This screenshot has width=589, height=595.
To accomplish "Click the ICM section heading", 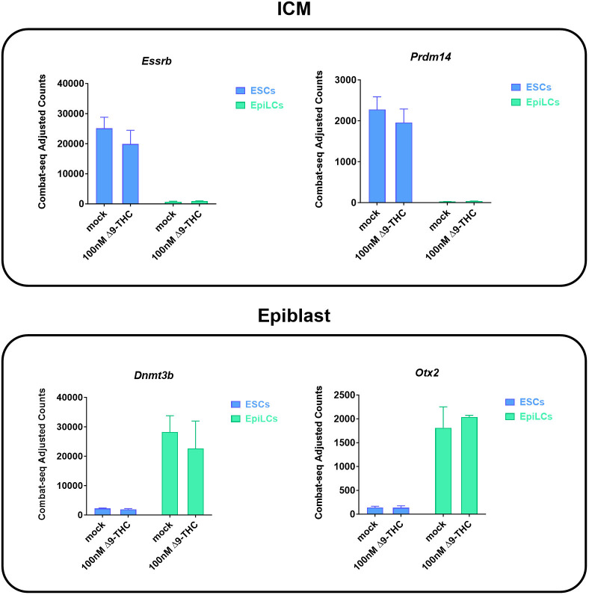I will coord(294,13).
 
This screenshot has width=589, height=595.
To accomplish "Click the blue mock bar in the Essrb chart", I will coord(103,166).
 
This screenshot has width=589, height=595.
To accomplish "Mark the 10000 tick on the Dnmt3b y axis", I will coord(64,486).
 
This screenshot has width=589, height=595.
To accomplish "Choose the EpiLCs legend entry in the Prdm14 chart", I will coord(537,102).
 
